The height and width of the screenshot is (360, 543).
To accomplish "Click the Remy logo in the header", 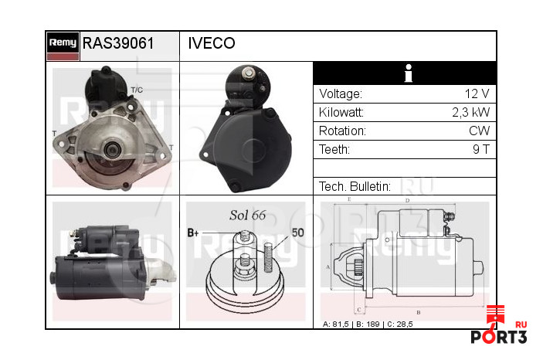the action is click(x=63, y=46).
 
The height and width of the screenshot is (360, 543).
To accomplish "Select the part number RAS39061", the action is click(x=118, y=43).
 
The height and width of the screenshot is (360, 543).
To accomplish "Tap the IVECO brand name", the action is click(x=212, y=43).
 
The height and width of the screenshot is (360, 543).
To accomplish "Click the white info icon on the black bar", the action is click(x=409, y=73).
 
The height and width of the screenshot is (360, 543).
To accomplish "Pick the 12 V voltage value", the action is click(x=477, y=93).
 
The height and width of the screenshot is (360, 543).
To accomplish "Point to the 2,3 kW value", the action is click(x=470, y=112).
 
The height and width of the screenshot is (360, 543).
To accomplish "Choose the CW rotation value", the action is click(x=480, y=131).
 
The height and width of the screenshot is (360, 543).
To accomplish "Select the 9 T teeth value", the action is click(x=481, y=149).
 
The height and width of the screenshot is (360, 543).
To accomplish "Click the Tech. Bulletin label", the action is click(x=355, y=186).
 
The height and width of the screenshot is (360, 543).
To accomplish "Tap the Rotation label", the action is click(x=342, y=131).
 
